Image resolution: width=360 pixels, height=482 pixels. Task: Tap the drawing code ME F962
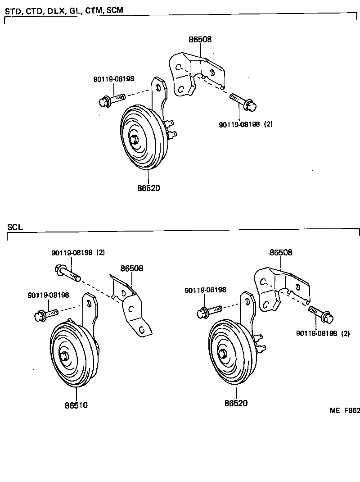(345, 410)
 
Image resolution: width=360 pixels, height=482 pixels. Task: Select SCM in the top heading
(114, 10)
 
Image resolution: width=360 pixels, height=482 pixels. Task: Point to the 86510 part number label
(76, 405)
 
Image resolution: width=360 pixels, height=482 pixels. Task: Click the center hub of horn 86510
(65, 356)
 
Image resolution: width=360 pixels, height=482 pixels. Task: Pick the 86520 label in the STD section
(148, 188)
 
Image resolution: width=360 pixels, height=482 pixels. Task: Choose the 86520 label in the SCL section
(236, 404)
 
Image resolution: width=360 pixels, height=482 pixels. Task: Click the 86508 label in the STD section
(200, 40)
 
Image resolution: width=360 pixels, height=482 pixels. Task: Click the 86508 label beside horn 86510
(131, 268)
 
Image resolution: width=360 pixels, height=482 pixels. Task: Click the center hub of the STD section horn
(134, 140)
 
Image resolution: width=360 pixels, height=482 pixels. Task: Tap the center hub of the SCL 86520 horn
(222, 354)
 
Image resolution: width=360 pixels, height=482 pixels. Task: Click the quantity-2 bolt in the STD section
(243, 101)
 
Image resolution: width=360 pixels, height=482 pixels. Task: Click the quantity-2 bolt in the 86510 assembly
(67, 272)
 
